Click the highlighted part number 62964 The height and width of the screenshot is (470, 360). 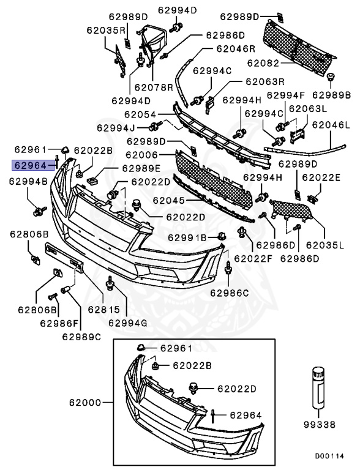[x=30, y=165]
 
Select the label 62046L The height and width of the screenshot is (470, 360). [x=331, y=125]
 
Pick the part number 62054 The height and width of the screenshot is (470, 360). [x=141, y=114]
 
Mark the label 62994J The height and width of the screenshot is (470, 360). [x=116, y=128]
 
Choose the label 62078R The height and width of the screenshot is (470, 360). [x=154, y=88]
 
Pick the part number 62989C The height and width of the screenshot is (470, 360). [x=81, y=335]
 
